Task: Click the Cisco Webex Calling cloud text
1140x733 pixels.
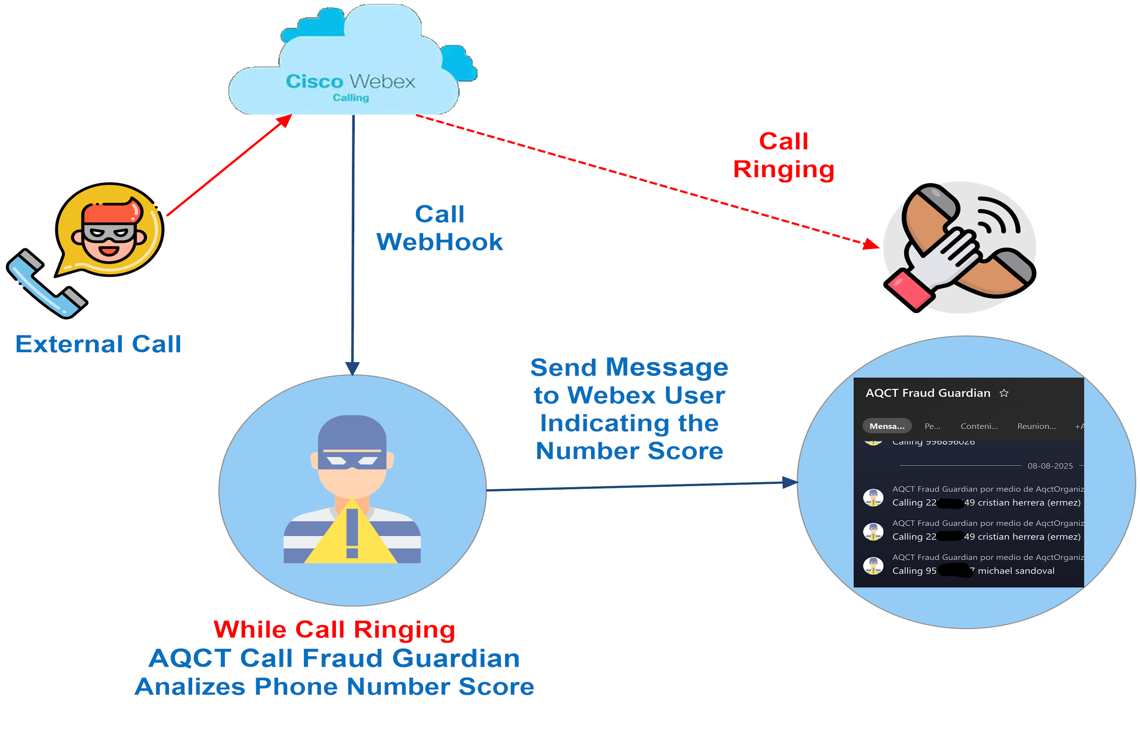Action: click(x=350, y=86)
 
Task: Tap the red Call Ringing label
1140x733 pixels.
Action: click(x=783, y=155)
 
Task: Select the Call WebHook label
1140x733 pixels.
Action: click(x=439, y=228)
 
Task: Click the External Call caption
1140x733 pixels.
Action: click(x=98, y=344)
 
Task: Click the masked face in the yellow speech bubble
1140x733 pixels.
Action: click(x=109, y=231)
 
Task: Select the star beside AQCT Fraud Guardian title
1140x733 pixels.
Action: click(x=1004, y=393)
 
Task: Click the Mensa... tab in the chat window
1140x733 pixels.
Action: click(x=886, y=426)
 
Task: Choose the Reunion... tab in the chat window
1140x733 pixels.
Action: click(x=1036, y=426)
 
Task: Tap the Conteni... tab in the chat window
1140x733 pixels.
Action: click(x=979, y=426)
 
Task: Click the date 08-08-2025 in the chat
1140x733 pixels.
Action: click(x=1050, y=466)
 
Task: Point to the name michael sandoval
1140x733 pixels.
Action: click(x=1016, y=571)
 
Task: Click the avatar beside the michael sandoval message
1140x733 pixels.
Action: click(x=873, y=566)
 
